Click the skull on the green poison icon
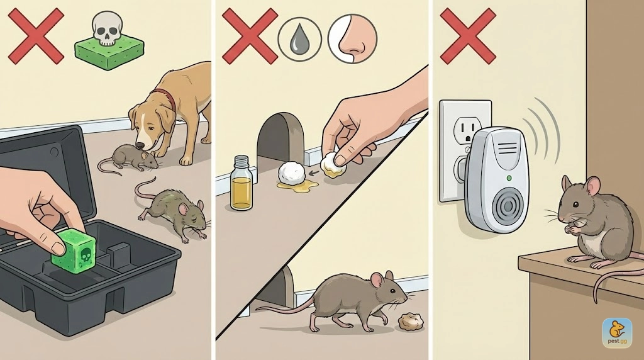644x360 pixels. click(x=107, y=28)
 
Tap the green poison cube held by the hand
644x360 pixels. click(x=75, y=250)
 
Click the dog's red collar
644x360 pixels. click(x=165, y=99)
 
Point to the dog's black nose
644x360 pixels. click(x=140, y=146)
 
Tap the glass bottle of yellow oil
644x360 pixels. click(x=241, y=183)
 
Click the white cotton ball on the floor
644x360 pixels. click(x=292, y=173)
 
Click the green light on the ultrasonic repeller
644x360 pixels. click(x=509, y=178)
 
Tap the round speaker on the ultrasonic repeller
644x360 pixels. click(x=508, y=209)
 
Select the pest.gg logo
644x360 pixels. click(x=618, y=332)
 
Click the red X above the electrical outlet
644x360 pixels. click(x=468, y=37)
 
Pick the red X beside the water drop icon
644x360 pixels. click(x=250, y=37)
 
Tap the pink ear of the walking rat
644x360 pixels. click(x=377, y=280)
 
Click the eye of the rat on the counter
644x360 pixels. click(x=576, y=205)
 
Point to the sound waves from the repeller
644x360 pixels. click(x=543, y=131)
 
